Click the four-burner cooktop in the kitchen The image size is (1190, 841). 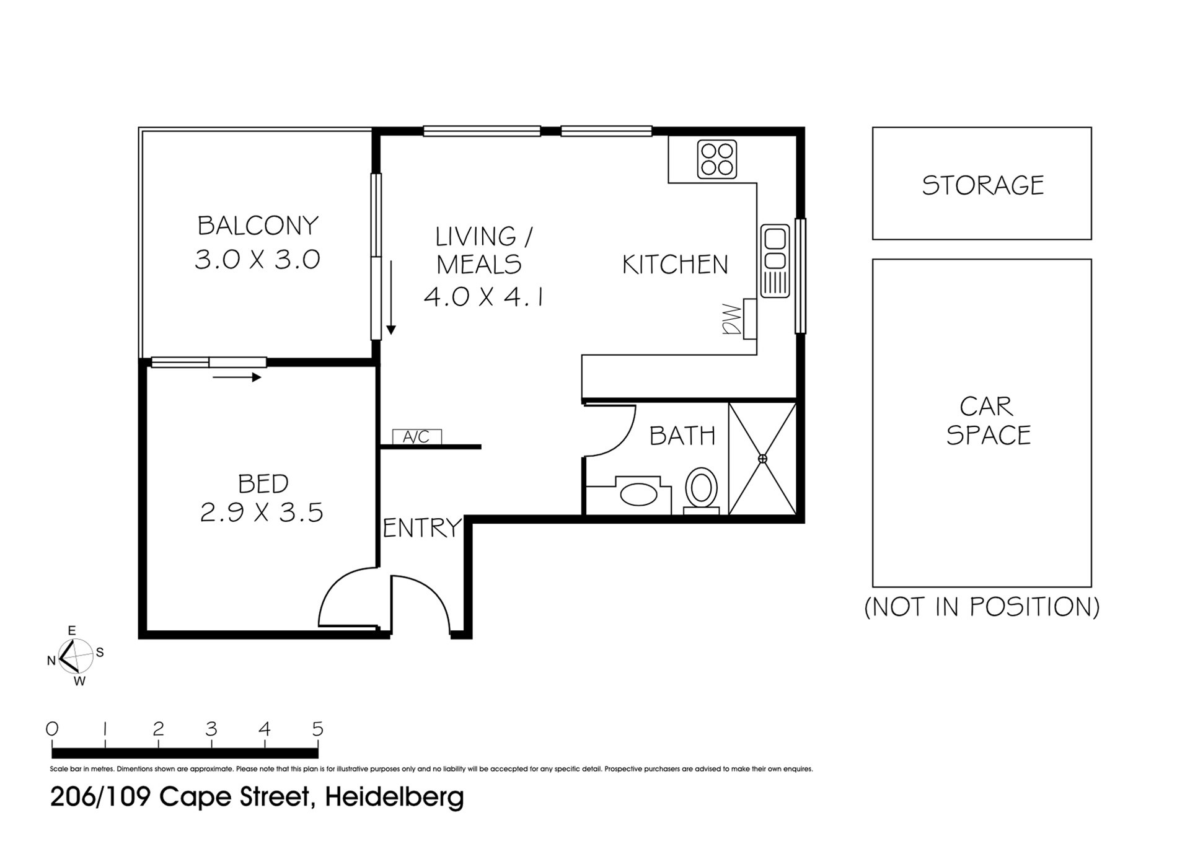(717, 159)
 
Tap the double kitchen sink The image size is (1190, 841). (775, 261)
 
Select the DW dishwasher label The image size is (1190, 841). (732, 319)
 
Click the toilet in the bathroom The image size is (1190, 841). (702, 491)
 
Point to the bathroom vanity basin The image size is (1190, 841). (638, 495)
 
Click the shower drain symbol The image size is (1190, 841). (762, 459)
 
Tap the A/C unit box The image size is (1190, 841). (416, 437)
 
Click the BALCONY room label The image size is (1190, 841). (258, 226)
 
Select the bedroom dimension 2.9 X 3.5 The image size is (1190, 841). (262, 513)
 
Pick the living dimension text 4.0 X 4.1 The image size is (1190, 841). (484, 297)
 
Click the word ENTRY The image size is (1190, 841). (423, 528)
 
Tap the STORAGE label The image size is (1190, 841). (983, 185)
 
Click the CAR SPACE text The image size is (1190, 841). (988, 421)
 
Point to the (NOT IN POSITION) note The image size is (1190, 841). (982, 607)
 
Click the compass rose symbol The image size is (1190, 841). (75, 656)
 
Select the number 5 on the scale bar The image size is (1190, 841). (318, 729)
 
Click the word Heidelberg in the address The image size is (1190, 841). (394, 797)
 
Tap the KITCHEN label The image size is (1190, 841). (675, 265)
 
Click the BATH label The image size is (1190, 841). (682, 436)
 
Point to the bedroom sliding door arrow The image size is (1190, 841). (237, 377)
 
